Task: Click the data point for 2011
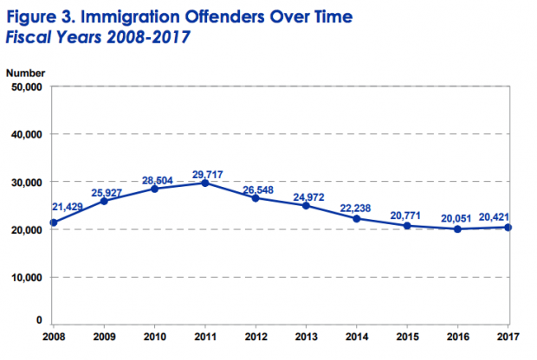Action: point(204,183)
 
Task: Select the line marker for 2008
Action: point(53,222)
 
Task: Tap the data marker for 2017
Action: point(508,227)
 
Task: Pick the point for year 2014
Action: point(357,218)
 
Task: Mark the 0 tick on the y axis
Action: point(39,321)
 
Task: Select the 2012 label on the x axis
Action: point(256,334)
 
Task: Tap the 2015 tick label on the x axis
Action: point(407,334)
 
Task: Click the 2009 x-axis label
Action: point(104,334)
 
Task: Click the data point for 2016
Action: point(457,229)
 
